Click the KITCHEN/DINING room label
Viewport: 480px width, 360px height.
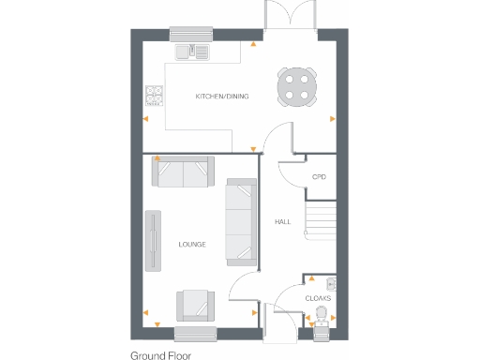click(221, 97)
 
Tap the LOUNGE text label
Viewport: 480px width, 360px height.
click(192, 244)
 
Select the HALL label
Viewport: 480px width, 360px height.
click(282, 222)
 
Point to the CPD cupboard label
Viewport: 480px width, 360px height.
click(319, 176)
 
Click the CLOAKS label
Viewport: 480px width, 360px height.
click(318, 298)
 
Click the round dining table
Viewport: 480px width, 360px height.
click(296, 87)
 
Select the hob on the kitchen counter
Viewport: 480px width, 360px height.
click(155, 95)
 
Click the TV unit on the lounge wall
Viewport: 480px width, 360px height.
click(152, 242)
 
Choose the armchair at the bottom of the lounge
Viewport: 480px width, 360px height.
click(195, 304)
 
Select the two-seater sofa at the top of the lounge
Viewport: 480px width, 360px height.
click(183, 174)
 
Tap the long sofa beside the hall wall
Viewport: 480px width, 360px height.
click(240, 222)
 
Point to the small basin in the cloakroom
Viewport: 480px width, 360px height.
click(330, 282)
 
